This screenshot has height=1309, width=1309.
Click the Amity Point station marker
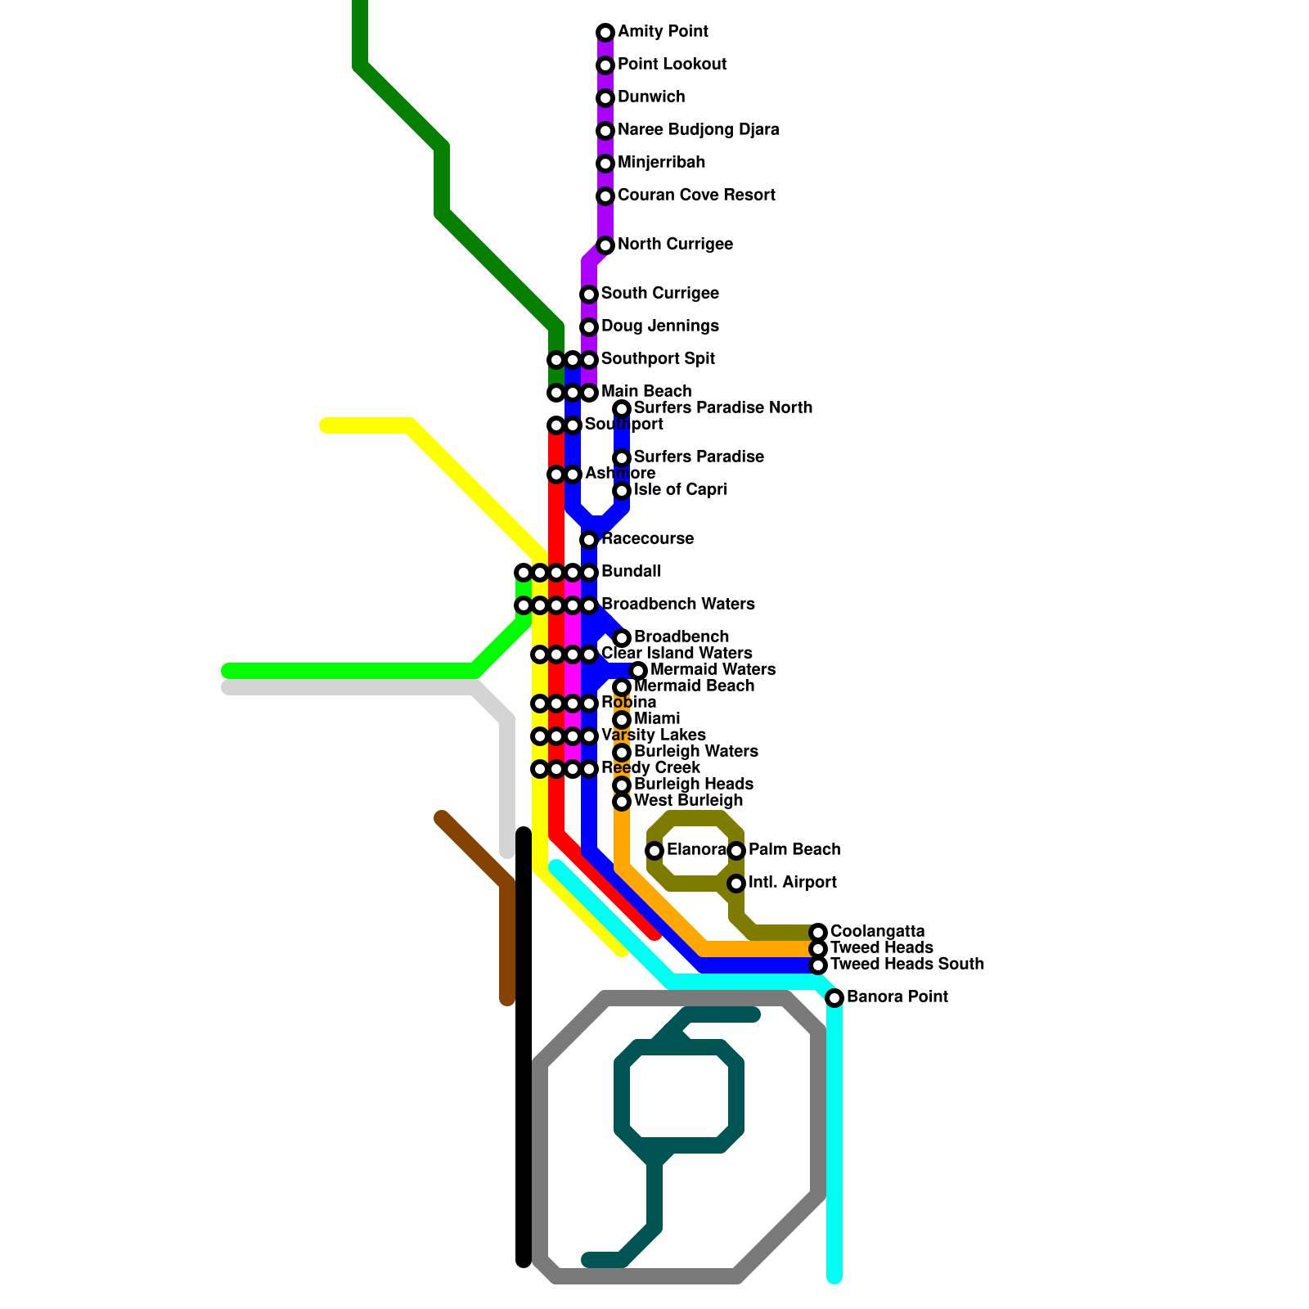pos(605,33)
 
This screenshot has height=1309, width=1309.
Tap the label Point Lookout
pos(672,65)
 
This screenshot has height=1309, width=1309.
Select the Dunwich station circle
pos(605,98)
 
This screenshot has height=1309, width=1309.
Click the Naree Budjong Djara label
pos(698,130)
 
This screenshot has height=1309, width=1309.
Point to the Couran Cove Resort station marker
pos(605,196)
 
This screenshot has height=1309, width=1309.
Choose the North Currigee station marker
pos(605,245)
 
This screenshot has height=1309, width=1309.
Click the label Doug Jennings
pos(659,326)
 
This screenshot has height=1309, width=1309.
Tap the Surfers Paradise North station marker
pos(622,409)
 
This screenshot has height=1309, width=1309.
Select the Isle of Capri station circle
pos(622,491)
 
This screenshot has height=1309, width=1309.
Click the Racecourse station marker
pos(589,540)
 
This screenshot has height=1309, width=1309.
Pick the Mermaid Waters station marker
pos(638,671)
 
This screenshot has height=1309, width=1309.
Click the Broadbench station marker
pos(622,638)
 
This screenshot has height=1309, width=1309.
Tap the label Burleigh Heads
pos(693,785)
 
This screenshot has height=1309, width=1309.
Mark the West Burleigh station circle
pos(622,802)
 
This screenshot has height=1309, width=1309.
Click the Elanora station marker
pos(654,851)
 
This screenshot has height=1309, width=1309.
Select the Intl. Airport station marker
pos(736,884)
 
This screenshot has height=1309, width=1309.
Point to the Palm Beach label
pos(794,850)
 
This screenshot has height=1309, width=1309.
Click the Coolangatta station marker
pos(818,933)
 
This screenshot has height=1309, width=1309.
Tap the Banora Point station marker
pos(834,998)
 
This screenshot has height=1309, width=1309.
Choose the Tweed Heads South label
pos(906,965)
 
